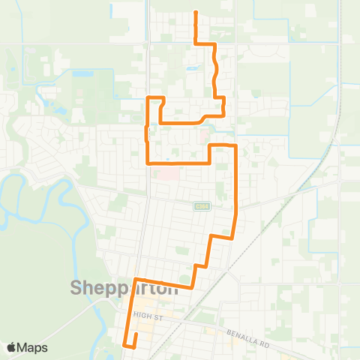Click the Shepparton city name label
coord(124,288)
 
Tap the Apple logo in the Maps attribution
coord(12,347)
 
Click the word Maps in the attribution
coord(33,347)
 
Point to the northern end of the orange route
coord(196,13)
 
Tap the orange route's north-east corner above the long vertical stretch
coord(235,145)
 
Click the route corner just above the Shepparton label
coord(136,280)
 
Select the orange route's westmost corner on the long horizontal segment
coord(147,162)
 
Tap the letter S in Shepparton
coord(76,288)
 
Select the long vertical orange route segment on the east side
coord(236,187)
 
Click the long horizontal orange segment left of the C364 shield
coord(178,162)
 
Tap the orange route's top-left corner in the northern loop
coord(147,98)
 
